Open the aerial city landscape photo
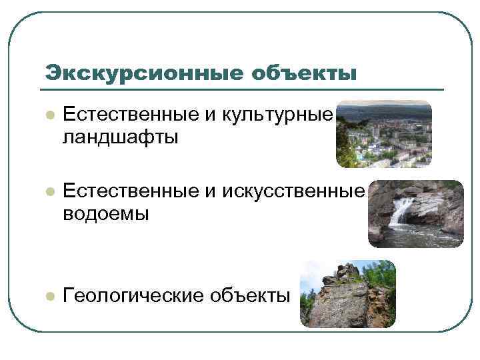coord(383,134)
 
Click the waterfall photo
coord(416,213)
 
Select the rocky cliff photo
coord(347,294)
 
